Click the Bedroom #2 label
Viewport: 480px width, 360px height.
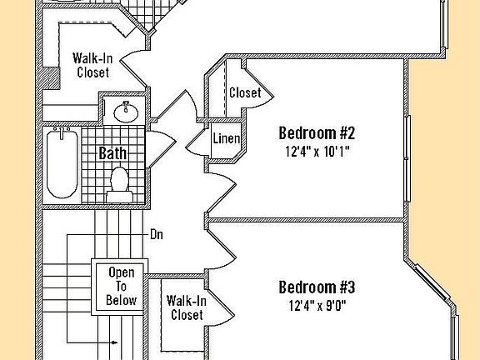point(317,133)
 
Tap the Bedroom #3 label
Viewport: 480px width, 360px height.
point(317,287)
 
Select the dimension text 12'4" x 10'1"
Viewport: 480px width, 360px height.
point(317,152)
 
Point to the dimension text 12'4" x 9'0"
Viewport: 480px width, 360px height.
point(317,305)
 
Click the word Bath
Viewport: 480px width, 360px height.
point(113,153)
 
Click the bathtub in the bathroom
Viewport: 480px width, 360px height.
point(62,162)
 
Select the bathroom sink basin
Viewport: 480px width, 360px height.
point(127,109)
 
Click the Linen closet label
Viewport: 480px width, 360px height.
point(227,138)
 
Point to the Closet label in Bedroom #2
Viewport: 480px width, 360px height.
point(245,92)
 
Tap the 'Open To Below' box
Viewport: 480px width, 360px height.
point(122,286)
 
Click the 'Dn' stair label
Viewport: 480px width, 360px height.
point(157,234)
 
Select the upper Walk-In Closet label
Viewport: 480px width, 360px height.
point(93,65)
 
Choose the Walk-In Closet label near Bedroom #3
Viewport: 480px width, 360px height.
point(187,307)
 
